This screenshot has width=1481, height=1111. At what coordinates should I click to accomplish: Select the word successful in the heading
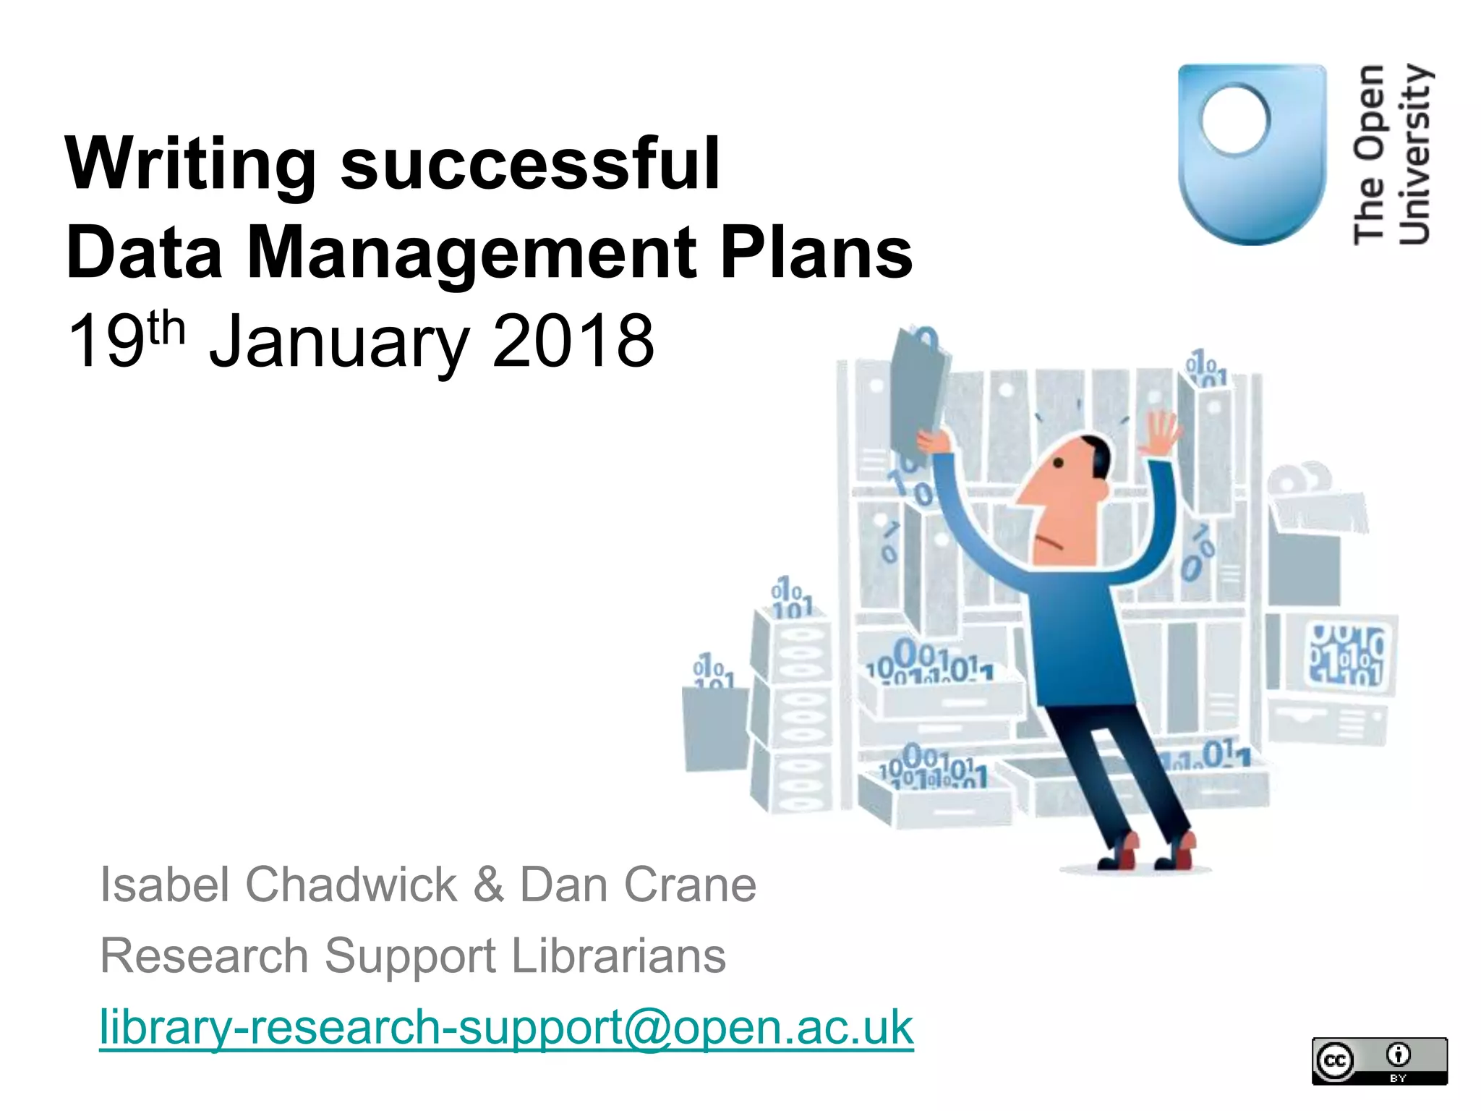[x=530, y=164]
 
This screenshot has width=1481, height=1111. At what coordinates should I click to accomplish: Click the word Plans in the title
[x=816, y=252]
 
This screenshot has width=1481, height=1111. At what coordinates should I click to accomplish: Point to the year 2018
[x=573, y=341]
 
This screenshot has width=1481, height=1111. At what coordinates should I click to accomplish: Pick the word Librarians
[x=618, y=955]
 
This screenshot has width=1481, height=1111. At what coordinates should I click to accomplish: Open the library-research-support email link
[x=506, y=1027]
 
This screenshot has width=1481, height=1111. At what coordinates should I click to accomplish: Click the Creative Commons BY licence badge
[x=1379, y=1061]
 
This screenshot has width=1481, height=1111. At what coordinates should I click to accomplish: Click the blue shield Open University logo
[x=1252, y=154]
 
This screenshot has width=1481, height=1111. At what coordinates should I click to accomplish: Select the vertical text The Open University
[x=1391, y=154]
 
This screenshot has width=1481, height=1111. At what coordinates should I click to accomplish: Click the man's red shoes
[x=1150, y=854]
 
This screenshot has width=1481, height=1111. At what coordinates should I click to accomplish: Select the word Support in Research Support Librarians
[x=409, y=957]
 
